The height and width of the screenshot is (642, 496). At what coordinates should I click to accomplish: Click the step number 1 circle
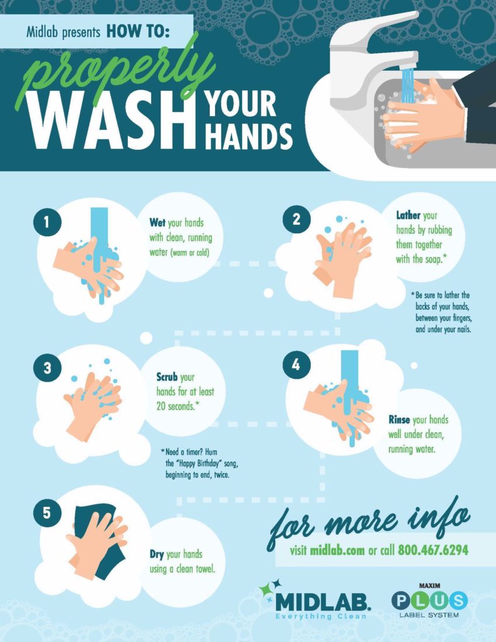point(47,223)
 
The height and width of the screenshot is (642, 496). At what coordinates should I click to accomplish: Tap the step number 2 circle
point(296,219)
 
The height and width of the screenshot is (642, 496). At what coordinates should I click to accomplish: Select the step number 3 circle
point(47,368)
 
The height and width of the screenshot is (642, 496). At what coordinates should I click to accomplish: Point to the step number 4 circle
point(296,365)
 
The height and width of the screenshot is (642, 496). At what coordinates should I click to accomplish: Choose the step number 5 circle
point(47,512)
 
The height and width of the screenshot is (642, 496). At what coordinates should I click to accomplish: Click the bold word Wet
point(157,223)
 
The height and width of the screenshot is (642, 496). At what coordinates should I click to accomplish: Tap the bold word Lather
point(408,216)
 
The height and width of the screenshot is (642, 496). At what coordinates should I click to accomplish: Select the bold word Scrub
point(167,377)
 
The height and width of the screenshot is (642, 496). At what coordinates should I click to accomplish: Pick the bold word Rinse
point(399,420)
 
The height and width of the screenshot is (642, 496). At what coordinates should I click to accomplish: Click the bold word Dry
point(156,554)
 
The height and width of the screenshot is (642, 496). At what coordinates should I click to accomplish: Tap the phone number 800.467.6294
point(433,550)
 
